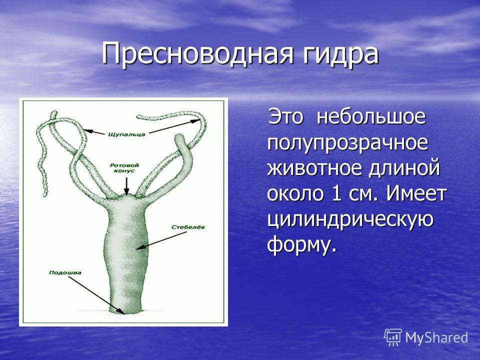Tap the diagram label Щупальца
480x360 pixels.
point(126,134)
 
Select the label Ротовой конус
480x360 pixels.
point(124,168)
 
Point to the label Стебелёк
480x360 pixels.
point(188,227)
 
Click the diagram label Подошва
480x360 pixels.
point(65,272)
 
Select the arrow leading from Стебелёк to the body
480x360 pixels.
point(161,240)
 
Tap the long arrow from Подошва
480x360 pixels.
point(96,295)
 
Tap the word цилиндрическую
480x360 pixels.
point(350,219)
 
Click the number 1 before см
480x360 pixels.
point(336,193)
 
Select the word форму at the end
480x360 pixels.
point(299,244)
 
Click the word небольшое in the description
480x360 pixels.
point(371,116)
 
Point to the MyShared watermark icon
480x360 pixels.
point(393,337)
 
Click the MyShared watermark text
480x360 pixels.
point(436,337)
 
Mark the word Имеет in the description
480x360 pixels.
point(415,193)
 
